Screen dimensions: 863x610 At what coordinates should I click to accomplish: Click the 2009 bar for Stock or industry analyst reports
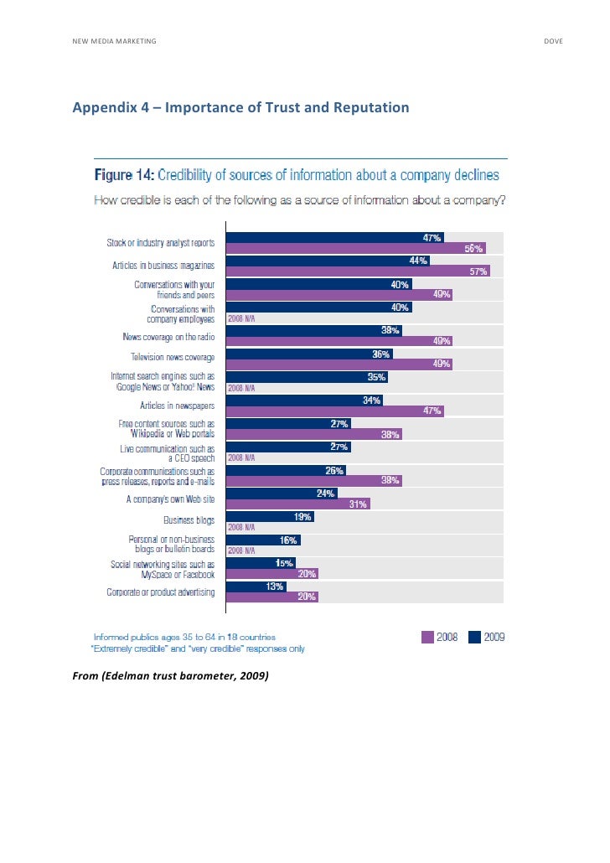(x=335, y=237)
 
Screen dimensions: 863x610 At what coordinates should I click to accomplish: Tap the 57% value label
(x=478, y=271)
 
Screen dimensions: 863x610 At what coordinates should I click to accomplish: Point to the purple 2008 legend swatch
(x=427, y=637)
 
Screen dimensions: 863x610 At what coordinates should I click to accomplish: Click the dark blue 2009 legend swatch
(x=474, y=637)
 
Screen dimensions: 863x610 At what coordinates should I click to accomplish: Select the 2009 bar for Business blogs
(x=276, y=517)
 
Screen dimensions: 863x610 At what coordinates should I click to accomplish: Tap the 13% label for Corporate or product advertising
(x=274, y=587)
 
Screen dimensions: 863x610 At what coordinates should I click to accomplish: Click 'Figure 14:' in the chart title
(x=122, y=175)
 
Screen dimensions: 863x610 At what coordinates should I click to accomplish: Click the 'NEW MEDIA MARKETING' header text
(x=114, y=41)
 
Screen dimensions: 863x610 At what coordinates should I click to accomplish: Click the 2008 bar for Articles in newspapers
(x=335, y=411)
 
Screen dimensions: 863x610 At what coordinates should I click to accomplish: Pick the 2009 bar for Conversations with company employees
(x=318, y=307)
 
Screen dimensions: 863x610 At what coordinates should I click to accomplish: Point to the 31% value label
(x=359, y=504)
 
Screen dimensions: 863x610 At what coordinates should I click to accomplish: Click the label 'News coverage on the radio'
(x=168, y=335)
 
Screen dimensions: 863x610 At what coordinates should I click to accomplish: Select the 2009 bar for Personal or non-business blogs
(x=263, y=540)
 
